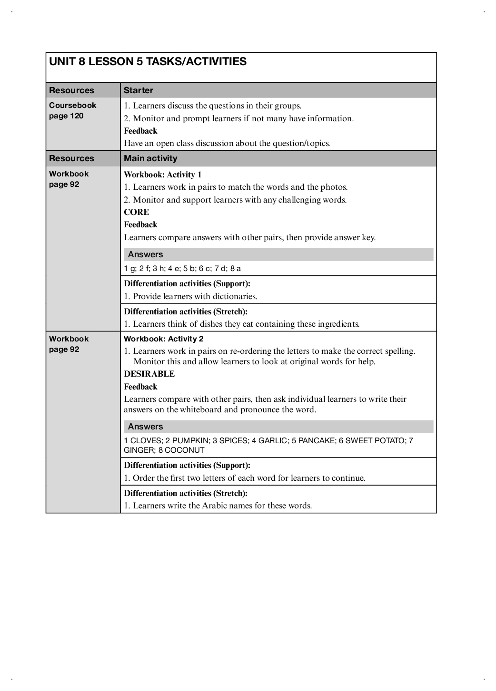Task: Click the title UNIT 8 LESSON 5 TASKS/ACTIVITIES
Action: [148, 61]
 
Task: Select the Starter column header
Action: [139, 90]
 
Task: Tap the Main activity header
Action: [150, 158]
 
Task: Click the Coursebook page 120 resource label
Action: [72, 110]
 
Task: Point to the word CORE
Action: [137, 212]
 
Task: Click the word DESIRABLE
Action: [149, 374]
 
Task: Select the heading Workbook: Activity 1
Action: [163, 175]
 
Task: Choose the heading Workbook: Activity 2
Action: [164, 339]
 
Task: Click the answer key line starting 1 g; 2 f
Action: [182, 268]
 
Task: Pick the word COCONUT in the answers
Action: [184, 450]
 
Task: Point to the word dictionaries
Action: [235, 296]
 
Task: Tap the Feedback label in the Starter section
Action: [140, 131]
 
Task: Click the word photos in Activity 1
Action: [334, 187]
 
